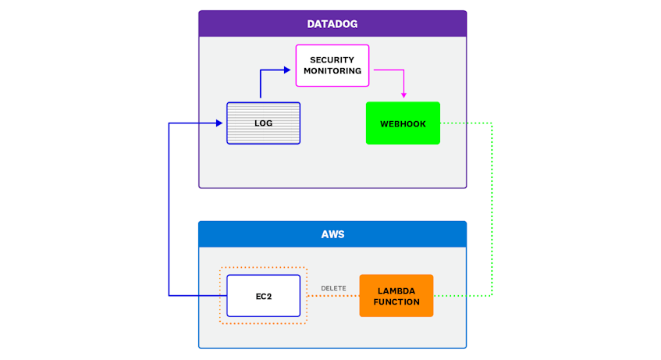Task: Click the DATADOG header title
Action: pyautogui.click(x=332, y=24)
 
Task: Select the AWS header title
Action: pyautogui.click(x=332, y=234)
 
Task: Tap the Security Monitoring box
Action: pyautogui.click(x=332, y=66)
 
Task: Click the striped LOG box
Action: pyautogui.click(x=263, y=123)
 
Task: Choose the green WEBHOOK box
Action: pyautogui.click(x=403, y=123)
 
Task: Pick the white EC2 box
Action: pyautogui.click(x=263, y=296)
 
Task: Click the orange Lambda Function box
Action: pyautogui.click(x=396, y=296)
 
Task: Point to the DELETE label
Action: pyautogui.click(x=333, y=288)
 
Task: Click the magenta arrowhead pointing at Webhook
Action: pyautogui.click(x=403, y=95)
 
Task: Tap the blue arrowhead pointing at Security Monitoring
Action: pyautogui.click(x=286, y=70)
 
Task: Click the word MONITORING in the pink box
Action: pyautogui.click(x=332, y=71)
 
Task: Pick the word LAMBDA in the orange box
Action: pyautogui.click(x=396, y=290)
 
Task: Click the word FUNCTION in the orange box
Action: pyautogui.click(x=396, y=301)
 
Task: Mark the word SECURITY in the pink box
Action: pyautogui.click(x=332, y=60)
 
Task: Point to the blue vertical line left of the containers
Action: pyautogui.click(x=169, y=211)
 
